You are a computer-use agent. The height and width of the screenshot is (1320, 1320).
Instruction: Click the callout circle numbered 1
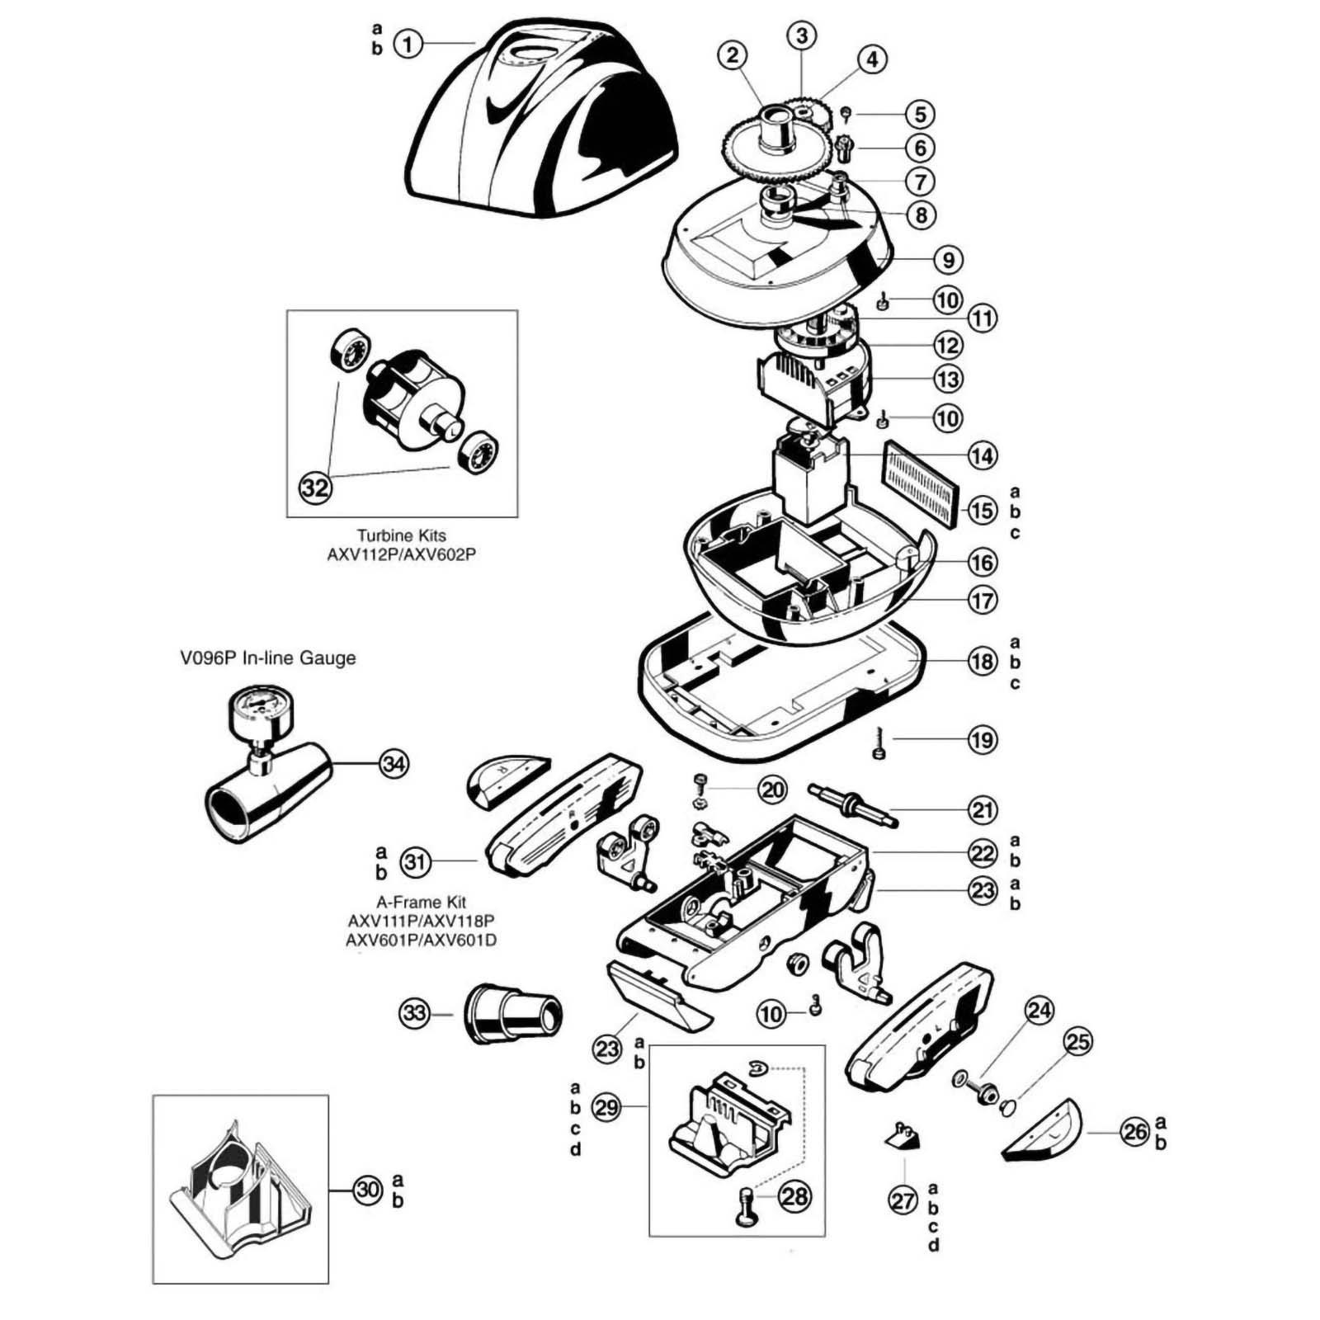pyautogui.click(x=408, y=43)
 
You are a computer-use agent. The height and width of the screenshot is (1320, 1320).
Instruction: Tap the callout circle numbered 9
pyautogui.click(x=949, y=260)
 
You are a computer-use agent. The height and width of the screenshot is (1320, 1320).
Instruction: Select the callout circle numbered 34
pyautogui.click(x=394, y=764)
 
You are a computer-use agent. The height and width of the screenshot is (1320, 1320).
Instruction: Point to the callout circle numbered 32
pyautogui.click(x=315, y=488)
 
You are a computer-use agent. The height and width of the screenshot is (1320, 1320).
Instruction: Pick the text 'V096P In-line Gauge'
pyautogui.click(x=268, y=658)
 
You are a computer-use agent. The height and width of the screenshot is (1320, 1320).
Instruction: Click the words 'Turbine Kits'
pyautogui.click(x=401, y=535)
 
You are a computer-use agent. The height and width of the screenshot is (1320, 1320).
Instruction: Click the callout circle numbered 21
pyautogui.click(x=982, y=810)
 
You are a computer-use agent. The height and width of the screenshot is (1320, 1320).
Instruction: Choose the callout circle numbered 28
pyautogui.click(x=795, y=1196)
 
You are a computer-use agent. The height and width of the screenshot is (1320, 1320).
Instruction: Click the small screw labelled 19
pyautogui.click(x=878, y=750)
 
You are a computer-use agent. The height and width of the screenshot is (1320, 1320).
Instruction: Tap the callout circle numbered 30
pyautogui.click(x=368, y=1190)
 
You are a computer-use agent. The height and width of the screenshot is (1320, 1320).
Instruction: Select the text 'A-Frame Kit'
pyautogui.click(x=421, y=903)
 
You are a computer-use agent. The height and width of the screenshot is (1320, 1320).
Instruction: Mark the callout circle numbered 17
pyautogui.click(x=982, y=600)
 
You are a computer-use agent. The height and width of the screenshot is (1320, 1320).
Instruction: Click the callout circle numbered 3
pyautogui.click(x=801, y=35)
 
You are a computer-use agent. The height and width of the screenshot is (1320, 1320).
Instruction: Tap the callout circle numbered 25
pyautogui.click(x=1077, y=1042)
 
